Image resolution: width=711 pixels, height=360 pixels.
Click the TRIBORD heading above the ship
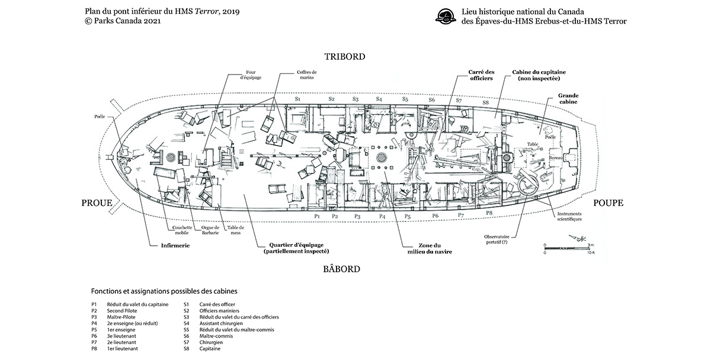(344, 57)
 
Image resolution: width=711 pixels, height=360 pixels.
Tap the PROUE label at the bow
(98, 203)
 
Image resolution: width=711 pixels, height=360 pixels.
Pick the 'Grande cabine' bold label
(568, 98)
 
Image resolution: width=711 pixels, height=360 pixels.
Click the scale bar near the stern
(566, 247)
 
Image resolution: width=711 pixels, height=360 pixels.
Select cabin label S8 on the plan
(486, 103)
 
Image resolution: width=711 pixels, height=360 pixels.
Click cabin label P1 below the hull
(317, 217)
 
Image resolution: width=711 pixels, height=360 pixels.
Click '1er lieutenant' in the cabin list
(123, 349)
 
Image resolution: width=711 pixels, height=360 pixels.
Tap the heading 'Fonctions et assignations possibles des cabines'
(164, 291)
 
